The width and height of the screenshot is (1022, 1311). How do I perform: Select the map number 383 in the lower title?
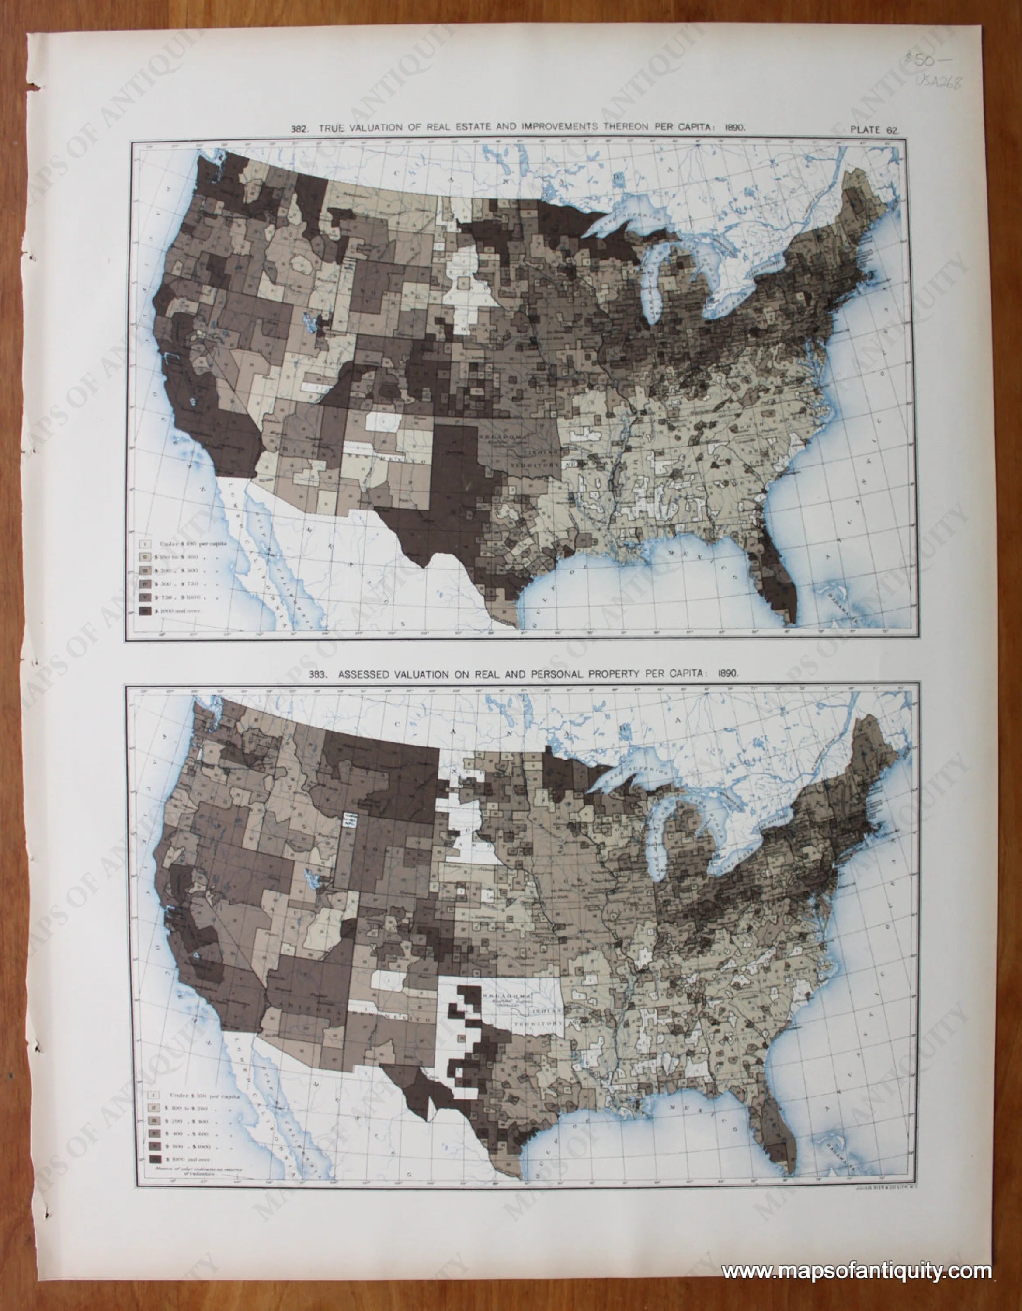pyautogui.click(x=319, y=674)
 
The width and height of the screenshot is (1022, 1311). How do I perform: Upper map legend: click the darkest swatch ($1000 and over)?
pyautogui.click(x=145, y=610)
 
